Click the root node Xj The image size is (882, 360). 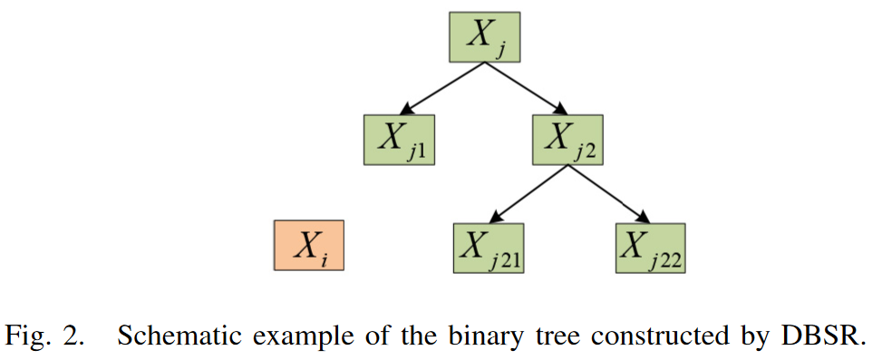[485, 37]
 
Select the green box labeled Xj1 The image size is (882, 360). [399, 141]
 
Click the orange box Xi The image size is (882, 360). [309, 246]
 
